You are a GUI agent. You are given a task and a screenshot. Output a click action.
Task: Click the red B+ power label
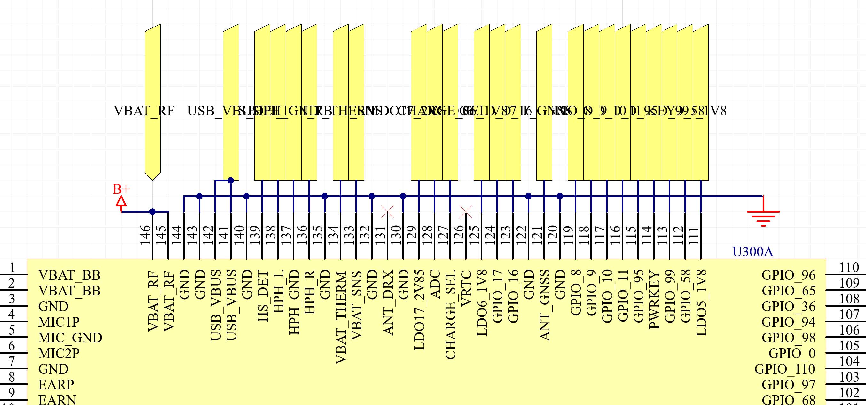pos(121,189)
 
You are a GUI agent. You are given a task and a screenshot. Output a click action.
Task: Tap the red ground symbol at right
pos(763,215)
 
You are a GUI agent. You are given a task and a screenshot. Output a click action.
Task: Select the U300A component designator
pos(752,252)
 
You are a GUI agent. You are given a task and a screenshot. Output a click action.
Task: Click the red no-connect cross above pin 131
pos(387,212)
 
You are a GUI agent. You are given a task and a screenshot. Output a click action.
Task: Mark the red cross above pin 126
pos(466,212)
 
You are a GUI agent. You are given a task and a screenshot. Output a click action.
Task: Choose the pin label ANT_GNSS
pos(544,305)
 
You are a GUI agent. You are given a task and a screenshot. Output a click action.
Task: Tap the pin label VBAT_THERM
pos(341,318)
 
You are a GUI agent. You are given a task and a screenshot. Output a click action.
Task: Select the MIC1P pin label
pos(59,322)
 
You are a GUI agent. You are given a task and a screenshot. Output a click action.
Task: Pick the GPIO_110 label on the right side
pos(785,369)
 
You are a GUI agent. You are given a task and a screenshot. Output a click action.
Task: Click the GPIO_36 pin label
pos(788,307)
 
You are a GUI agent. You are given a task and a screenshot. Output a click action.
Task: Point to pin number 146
pos(145,235)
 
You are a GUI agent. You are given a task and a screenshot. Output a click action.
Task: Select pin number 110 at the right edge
pos(849,268)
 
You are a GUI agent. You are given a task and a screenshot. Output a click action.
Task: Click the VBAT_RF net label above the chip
pos(144,111)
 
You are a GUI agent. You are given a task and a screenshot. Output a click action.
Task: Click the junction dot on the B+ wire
pos(152,212)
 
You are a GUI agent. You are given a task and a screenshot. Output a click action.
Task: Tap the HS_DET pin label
pos(263,296)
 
